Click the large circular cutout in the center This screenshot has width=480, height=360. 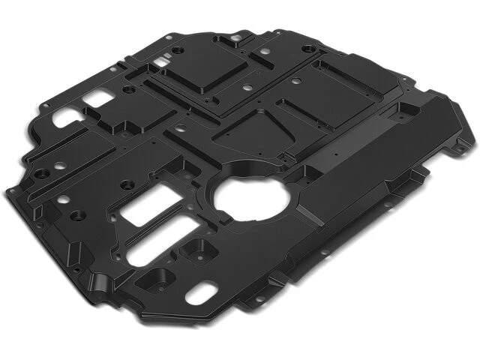(x=247, y=196)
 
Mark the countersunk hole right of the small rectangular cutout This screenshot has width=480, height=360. (x=128, y=89)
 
